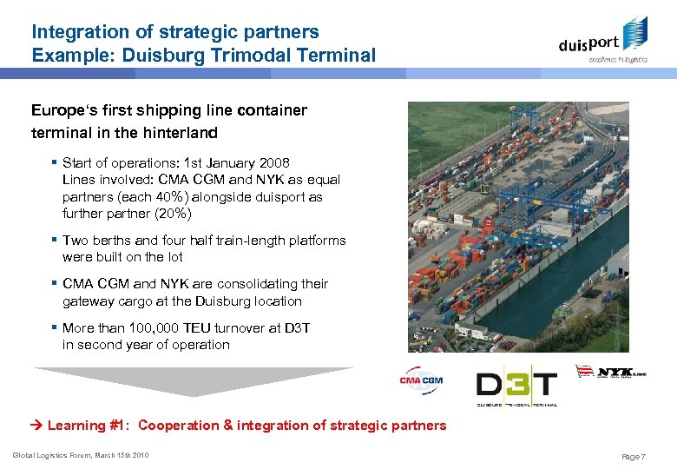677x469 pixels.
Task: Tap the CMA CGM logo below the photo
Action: point(421,380)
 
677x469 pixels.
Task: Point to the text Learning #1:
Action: point(89,426)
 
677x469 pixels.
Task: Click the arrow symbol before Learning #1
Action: point(37,426)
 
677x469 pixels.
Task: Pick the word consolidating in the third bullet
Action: point(253,284)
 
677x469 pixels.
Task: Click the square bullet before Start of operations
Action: point(55,162)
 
